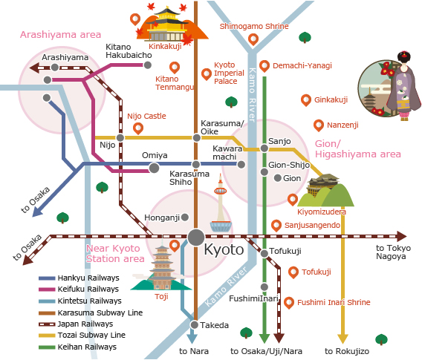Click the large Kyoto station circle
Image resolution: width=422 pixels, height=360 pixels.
(x=196, y=237)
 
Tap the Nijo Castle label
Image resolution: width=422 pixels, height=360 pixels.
(x=146, y=116)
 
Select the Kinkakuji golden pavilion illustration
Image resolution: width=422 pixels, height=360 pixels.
(x=165, y=24)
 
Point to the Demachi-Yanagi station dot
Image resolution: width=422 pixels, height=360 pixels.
(x=264, y=65)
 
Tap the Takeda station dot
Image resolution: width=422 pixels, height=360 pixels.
(x=193, y=324)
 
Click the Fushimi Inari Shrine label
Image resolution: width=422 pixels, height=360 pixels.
(x=333, y=303)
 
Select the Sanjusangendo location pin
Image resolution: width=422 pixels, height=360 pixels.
(x=276, y=224)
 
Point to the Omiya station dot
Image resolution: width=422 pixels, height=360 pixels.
(x=154, y=168)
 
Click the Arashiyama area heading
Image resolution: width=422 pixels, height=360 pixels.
(x=60, y=34)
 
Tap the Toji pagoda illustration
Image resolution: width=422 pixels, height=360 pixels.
(x=162, y=266)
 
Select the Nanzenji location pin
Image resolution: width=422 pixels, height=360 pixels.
(x=319, y=125)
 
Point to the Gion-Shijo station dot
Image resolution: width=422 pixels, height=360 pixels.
(x=264, y=172)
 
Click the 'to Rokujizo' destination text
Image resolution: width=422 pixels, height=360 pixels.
(x=342, y=350)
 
